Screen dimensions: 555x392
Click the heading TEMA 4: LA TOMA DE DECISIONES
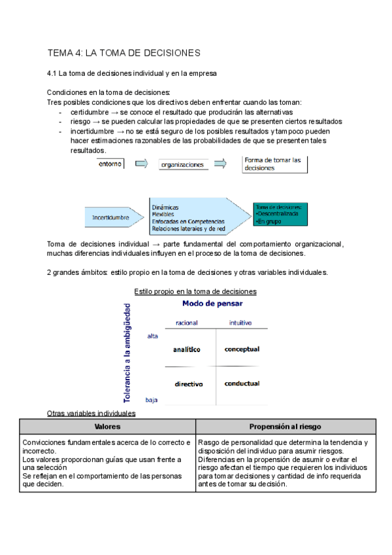[x=124, y=52]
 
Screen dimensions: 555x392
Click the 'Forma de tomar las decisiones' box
[x=274, y=164]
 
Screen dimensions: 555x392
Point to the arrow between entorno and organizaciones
[x=141, y=164]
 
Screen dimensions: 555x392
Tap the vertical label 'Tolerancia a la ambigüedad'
[x=127, y=352]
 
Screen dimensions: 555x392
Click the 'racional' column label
[x=187, y=323]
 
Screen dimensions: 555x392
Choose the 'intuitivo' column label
[x=240, y=323]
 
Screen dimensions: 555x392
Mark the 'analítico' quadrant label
[x=187, y=349]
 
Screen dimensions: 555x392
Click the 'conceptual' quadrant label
[x=242, y=349]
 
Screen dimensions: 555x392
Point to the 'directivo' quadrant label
[x=189, y=384]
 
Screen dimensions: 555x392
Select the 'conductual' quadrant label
[x=242, y=384]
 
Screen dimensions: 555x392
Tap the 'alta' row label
[x=153, y=336]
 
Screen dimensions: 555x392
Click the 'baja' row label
[x=152, y=399]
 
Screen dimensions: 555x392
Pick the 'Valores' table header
[x=107, y=426]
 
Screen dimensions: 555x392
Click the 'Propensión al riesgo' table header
[x=285, y=426]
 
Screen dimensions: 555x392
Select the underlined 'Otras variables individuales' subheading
[x=91, y=414]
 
